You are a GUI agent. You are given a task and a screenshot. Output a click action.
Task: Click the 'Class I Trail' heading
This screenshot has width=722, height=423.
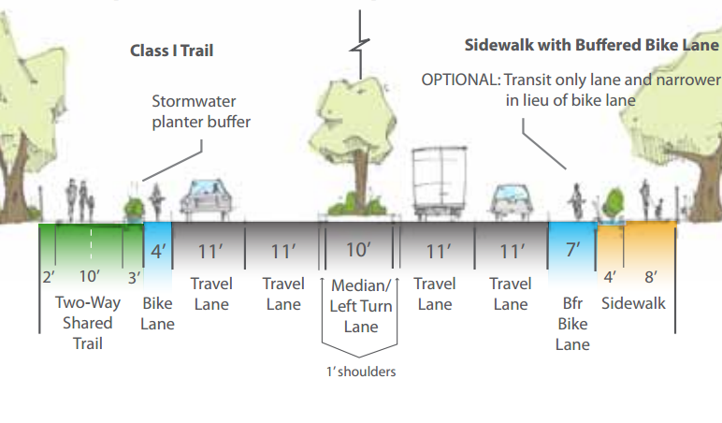(x=171, y=51)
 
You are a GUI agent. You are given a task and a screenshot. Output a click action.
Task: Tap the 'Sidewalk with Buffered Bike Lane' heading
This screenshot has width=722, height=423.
(x=592, y=45)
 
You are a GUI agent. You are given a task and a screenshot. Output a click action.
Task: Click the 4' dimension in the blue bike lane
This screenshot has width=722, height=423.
(x=157, y=251)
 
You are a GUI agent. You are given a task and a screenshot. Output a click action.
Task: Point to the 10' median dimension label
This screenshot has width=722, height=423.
(x=358, y=251)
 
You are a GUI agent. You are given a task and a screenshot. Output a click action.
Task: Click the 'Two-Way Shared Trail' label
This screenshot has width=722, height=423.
(x=84, y=323)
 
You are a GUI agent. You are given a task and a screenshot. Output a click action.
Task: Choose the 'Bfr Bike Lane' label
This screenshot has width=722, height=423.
(x=572, y=324)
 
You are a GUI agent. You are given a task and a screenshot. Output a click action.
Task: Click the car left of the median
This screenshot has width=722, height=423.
(x=209, y=197)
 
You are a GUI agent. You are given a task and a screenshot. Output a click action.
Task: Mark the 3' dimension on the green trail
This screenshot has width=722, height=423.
(x=135, y=277)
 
